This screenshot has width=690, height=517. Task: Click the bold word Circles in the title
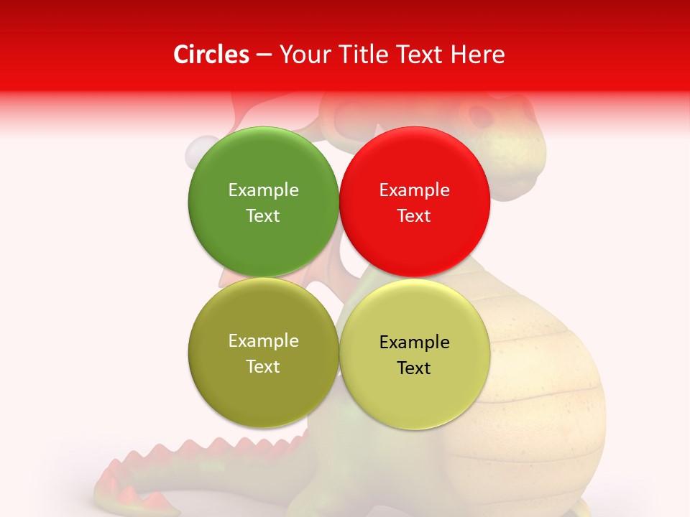pyautogui.click(x=211, y=55)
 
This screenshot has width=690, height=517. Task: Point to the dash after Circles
pyautogui.click(x=264, y=55)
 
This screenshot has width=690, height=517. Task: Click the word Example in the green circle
pyautogui.click(x=263, y=190)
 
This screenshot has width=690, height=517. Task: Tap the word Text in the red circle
pyautogui.click(x=414, y=216)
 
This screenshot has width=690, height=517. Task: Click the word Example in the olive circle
pyautogui.click(x=263, y=341)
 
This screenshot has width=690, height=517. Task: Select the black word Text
pyautogui.click(x=414, y=368)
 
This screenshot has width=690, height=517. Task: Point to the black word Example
pyautogui.click(x=415, y=343)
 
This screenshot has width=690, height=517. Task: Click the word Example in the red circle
pyautogui.click(x=415, y=190)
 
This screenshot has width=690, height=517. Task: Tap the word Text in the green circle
pyautogui.click(x=263, y=216)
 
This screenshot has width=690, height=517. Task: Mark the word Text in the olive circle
pyautogui.click(x=263, y=367)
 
